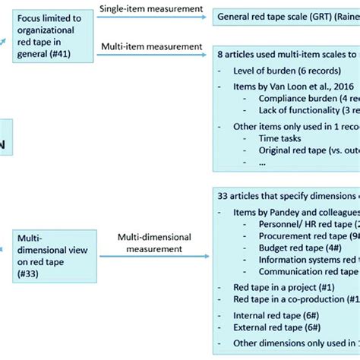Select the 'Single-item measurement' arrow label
(149, 8)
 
